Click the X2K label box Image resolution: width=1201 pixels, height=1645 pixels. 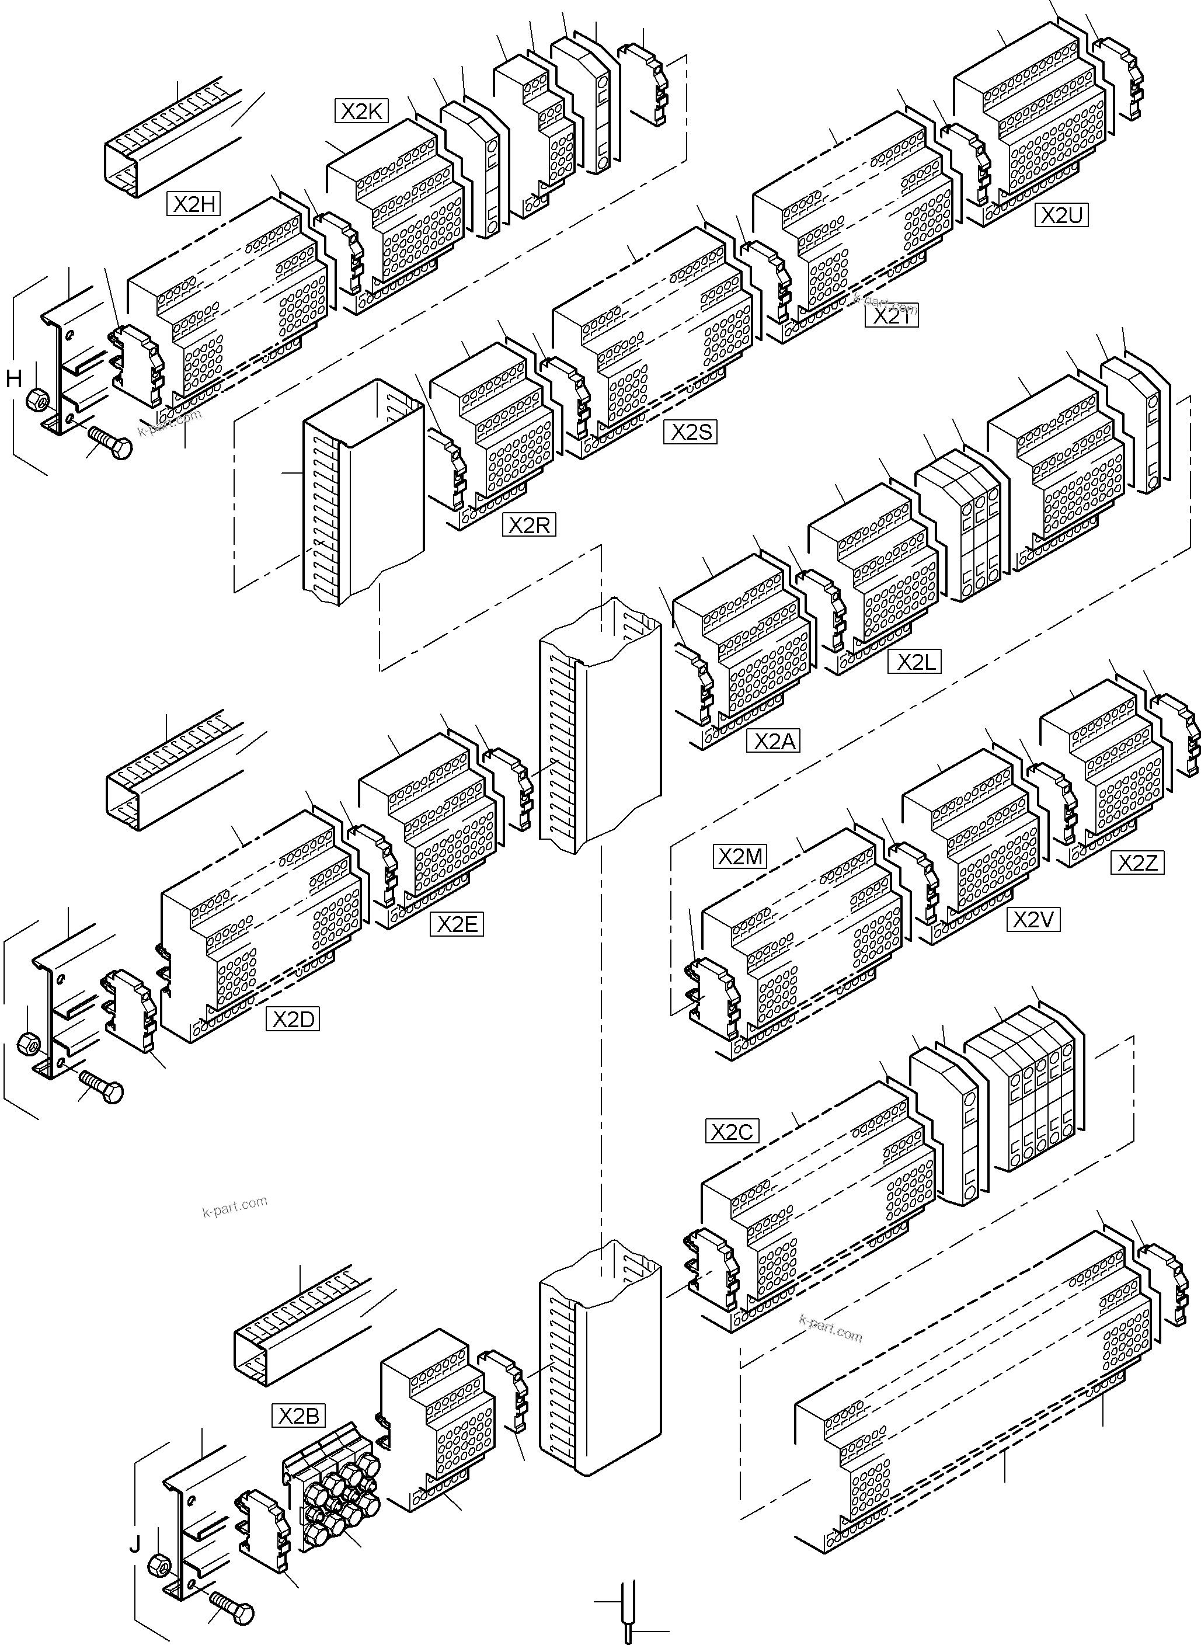[x=361, y=111]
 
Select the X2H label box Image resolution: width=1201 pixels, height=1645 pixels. [x=193, y=204]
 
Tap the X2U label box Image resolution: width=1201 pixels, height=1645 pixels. [x=1061, y=215]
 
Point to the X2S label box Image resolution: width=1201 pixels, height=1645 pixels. [x=690, y=432]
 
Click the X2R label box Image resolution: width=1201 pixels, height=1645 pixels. [x=528, y=526]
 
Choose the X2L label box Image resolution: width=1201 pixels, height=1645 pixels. [x=914, y=662]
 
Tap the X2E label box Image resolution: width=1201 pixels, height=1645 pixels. [x=456, y=924]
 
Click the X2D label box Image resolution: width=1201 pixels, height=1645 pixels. [x=293, y=1020]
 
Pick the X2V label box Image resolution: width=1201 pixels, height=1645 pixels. [x=1032, y=920]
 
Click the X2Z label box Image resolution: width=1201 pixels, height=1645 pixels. [x=1137, y=863]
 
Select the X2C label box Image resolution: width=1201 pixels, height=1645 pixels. [x=732, y=1132]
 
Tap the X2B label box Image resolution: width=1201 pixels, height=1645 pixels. [x=299, y=1416]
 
